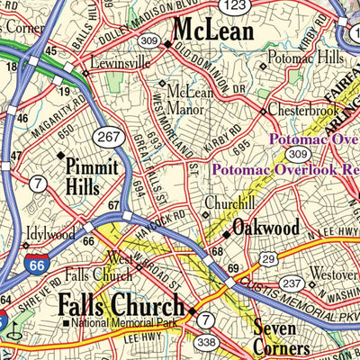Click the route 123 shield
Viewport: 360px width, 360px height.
click(x=235, y=5)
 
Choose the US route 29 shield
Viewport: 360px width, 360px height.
click(x=267, y=259)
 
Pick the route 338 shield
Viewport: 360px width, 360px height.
click(x=206, y=342)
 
